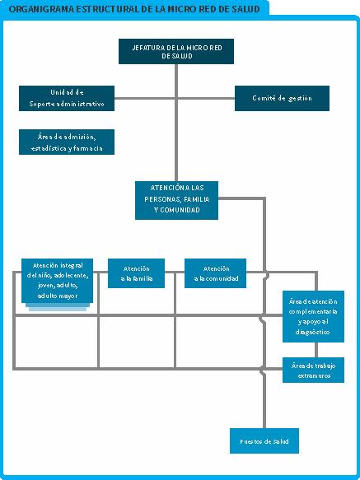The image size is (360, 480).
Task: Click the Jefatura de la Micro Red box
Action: pos(176,51)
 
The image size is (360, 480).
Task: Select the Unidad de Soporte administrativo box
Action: pos(67,98)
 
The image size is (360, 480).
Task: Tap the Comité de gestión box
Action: pos(282,98)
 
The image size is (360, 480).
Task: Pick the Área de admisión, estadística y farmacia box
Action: pos(67,142)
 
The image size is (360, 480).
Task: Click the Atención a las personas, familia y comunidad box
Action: pos(176,201)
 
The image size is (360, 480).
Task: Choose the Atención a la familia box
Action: pos(137,273)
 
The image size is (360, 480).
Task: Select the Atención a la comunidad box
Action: pos(215,273)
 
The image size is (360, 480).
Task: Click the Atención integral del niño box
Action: pos(58,281)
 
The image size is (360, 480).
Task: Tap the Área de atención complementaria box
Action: pos(313,316)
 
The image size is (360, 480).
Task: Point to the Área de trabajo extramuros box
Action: pos(313,370)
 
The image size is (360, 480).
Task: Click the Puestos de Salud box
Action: pos(264,440)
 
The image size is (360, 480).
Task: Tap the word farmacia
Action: pos(88,148)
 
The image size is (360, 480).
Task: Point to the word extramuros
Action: pos(314,375)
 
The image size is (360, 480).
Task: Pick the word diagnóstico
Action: pos(313,332)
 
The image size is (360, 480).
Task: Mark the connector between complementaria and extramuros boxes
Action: pos(316,350)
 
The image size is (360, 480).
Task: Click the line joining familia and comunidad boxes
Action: pos(175,272)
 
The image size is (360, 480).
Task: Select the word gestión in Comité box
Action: pos(300,98)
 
